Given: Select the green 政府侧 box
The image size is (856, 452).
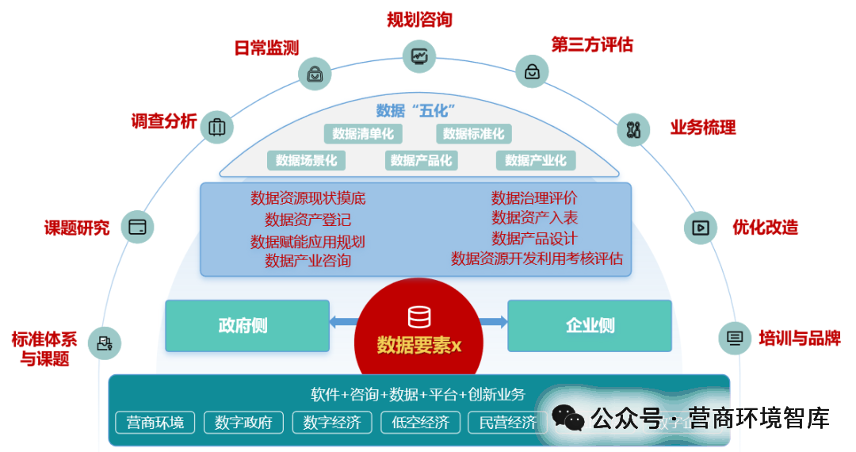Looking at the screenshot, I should [246, 325].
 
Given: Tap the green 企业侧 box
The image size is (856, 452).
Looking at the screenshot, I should [589, 325].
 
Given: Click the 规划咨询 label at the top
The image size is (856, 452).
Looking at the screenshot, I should [419, 19].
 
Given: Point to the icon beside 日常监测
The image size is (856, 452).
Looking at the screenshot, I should [315, 74].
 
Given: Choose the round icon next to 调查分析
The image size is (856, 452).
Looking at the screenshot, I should [216, 127].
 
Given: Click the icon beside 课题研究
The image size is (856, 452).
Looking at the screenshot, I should [138, 227].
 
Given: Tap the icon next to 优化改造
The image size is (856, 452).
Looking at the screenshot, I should [701, 228].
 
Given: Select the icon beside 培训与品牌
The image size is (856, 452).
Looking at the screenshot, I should [735, 338].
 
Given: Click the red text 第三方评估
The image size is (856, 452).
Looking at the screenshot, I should [592, 44].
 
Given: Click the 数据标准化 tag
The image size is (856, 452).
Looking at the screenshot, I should [474, 133].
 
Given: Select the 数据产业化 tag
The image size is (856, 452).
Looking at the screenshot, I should [536, 160].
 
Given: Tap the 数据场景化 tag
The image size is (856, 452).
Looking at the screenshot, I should [306, 160].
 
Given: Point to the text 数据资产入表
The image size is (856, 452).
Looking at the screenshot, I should [534, 218].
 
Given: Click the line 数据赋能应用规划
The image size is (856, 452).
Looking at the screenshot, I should [308, 241].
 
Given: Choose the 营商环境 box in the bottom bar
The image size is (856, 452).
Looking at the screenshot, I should [155, 422].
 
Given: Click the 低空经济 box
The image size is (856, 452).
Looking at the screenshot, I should [420, 422].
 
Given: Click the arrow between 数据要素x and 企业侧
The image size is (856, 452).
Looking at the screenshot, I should [492, 322].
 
